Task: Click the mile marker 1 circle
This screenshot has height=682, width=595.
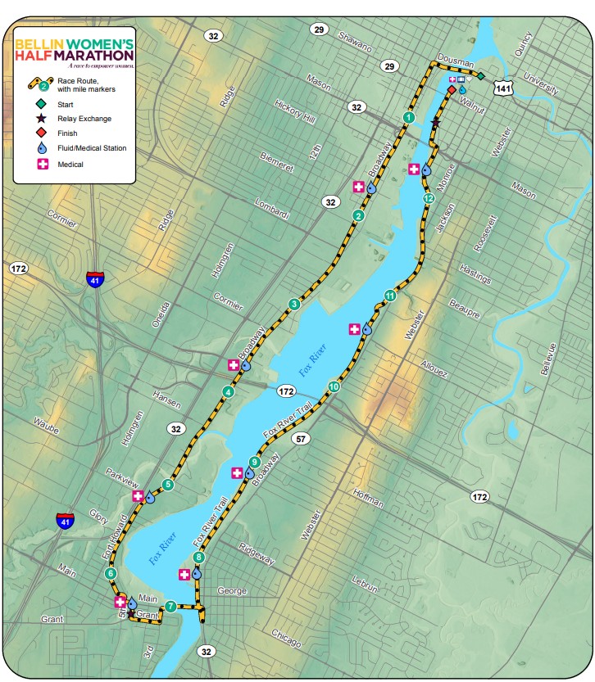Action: point(407,118)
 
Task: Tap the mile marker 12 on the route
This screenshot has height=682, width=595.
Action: point(428,199)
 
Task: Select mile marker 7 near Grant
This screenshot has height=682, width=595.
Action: point(170,607)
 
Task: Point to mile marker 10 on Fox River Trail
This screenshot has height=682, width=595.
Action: point(334,386)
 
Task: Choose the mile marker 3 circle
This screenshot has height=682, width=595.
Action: point(294,305)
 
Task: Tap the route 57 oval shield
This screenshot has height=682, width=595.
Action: point(302,438)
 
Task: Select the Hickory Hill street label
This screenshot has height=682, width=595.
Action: point(296,112)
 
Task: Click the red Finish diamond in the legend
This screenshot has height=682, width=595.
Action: point(40,133)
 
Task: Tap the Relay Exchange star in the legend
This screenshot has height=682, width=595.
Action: point(40,119)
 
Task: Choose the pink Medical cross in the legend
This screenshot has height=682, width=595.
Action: point(40,164)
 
